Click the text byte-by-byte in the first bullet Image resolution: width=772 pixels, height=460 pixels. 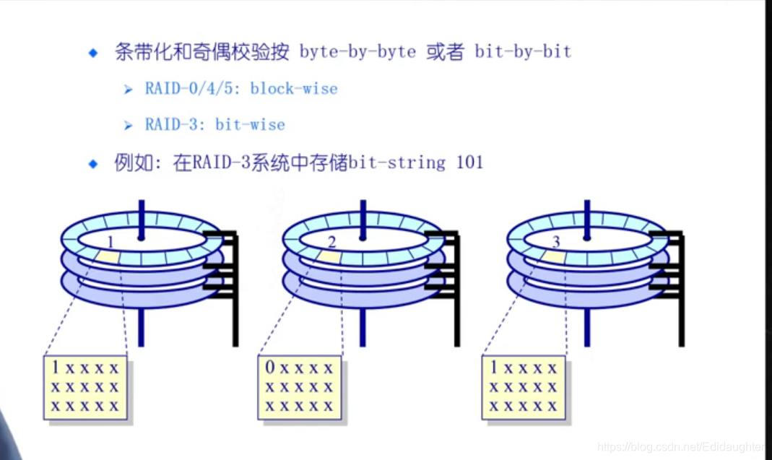tap(357, 52)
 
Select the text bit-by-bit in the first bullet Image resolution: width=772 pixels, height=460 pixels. tap(523, 52)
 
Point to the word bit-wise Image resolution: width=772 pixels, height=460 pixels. tap(250, 125)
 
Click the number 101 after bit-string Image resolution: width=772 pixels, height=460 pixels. tap(469, 162)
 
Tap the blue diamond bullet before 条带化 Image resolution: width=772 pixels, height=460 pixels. tap(92, 53)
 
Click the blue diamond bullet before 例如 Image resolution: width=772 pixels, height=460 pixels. tap(92, 163)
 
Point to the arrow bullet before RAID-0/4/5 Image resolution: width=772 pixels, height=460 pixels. tap(128, 90)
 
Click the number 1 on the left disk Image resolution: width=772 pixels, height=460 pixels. tap(110, 240)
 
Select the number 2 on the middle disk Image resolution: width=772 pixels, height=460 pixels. tap(331, 240)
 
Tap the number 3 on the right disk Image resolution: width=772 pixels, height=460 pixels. tap(555, 240)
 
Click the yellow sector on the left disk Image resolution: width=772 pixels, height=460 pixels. tap(108, 255)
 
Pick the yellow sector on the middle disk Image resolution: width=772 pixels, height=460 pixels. tap(329, 256)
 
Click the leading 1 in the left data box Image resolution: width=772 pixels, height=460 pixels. tap(55, 368)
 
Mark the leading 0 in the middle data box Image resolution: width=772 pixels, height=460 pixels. tap(270, 368)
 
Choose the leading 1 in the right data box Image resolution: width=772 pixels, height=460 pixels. tap(495, 368)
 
